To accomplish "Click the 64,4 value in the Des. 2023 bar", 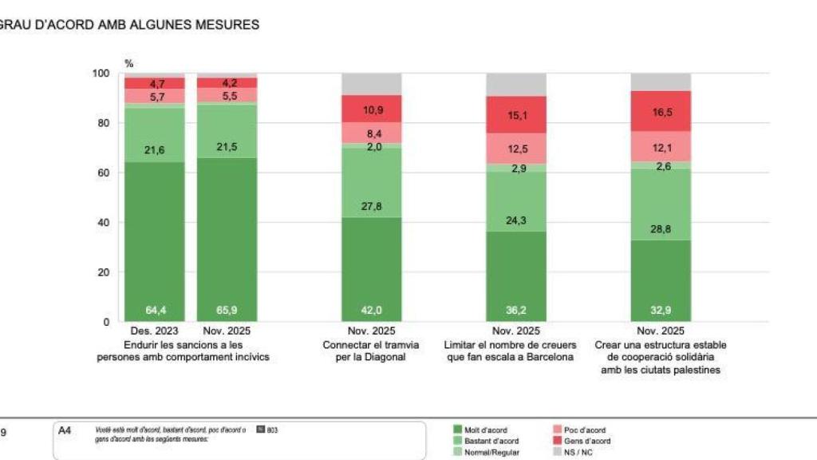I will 154,310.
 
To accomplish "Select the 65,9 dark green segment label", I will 227,310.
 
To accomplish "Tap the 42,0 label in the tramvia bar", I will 371,310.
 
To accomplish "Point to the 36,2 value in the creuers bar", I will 516,310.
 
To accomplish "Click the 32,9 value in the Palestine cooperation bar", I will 661,310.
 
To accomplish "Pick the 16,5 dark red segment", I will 661,111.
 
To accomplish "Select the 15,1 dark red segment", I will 516,115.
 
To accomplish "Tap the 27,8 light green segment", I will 371,206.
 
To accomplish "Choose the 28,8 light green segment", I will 661,228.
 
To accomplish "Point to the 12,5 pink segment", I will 516,149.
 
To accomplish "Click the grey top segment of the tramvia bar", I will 371,84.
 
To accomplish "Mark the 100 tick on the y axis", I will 101,73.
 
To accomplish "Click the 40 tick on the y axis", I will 103,223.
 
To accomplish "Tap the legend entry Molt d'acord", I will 485,430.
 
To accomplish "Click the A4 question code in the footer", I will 65,430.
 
